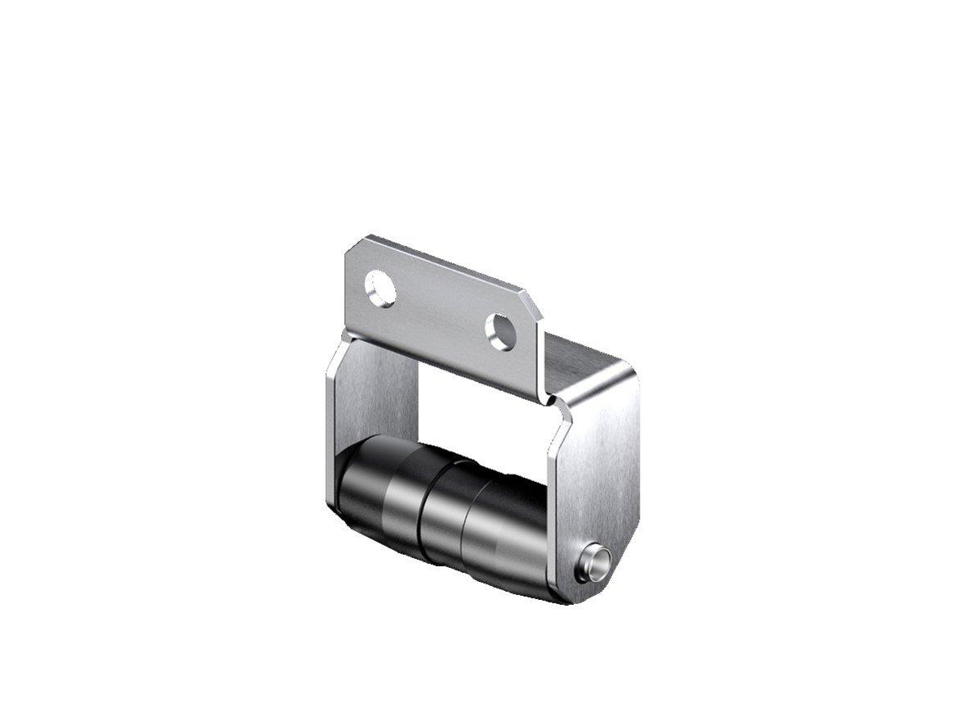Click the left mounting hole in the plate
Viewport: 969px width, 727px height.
(380, 289)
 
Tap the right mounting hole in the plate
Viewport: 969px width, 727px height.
(500, 331)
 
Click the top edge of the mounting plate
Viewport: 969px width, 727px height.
(443, 262)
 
